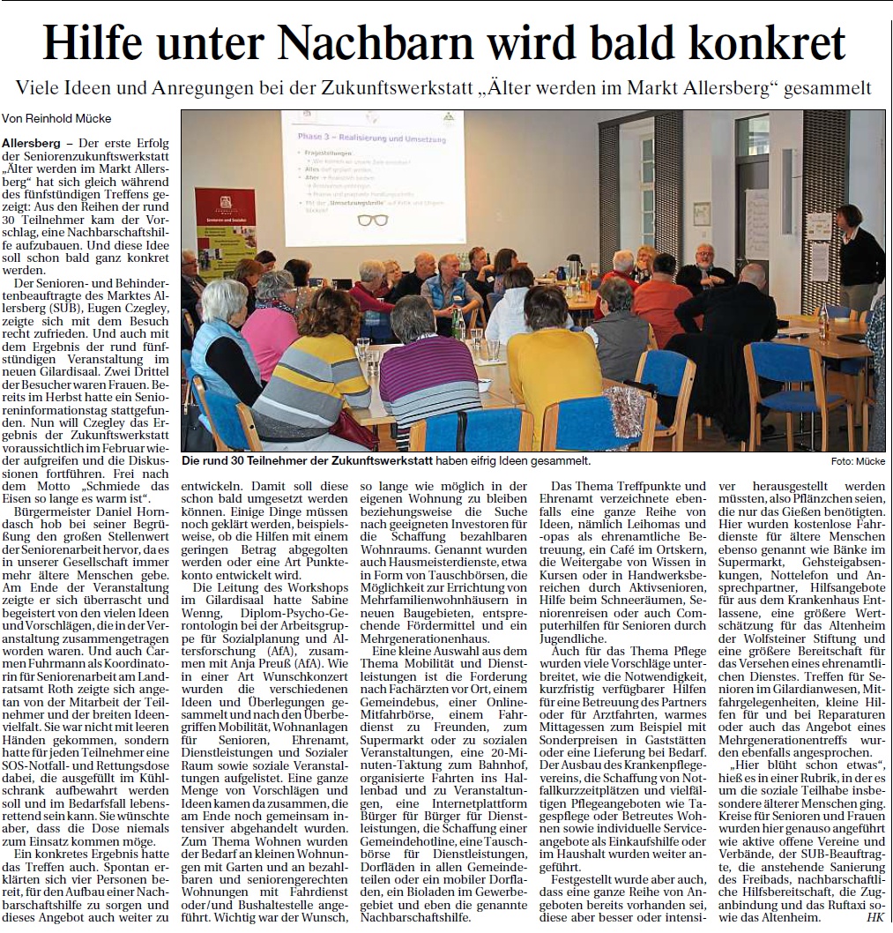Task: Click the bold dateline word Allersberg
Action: coord(31,143)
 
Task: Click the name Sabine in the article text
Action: coord(324,601)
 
